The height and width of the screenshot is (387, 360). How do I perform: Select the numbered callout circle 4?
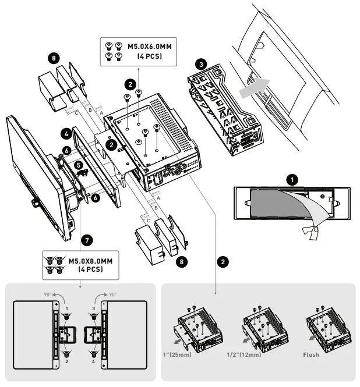coord(68,134)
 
